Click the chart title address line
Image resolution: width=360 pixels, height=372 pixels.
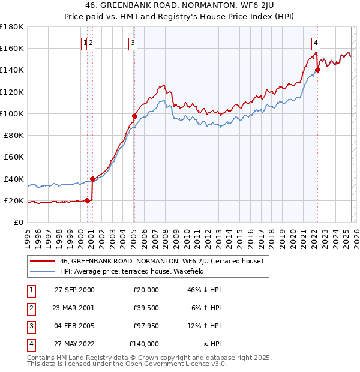click(x=180, y=7)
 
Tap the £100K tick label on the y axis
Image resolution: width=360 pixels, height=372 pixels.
click(x=11, y=113)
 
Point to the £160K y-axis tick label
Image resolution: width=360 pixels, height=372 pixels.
click(x=11, y=48)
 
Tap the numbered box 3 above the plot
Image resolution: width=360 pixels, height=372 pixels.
click(x=132, y=43)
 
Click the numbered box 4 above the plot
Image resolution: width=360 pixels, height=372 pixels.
click(x=316, y=43)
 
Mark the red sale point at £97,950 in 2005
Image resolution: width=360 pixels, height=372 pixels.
click(x=134, y=116)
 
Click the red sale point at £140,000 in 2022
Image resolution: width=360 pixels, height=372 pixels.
click(x=318, y=70)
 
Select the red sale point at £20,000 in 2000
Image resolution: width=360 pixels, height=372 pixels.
click(x=88, y=200)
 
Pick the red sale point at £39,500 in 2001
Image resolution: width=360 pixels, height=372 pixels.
click(x=93, y=179)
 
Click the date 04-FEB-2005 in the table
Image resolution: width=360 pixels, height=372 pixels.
click(x=74, y=326)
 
